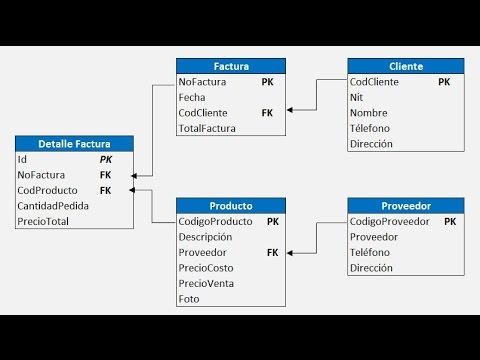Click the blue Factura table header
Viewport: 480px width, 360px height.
(230, 66)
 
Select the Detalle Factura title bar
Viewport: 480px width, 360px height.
(74, 144)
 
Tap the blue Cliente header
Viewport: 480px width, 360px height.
(405, 66)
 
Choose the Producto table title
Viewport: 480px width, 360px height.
(230, 206)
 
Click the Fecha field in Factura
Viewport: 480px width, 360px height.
(192, 98)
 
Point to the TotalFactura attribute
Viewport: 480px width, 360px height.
(206, 129)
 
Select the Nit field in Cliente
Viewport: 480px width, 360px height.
(357, 98)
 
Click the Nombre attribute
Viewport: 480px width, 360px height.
(369, 113)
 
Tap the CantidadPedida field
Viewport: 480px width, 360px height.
(53, 206)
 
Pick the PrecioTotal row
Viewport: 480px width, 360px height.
(43, 221)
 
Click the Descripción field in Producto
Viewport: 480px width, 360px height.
(205, 238)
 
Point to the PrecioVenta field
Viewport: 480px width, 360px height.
(205, 284)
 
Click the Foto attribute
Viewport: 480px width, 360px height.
(190, 300)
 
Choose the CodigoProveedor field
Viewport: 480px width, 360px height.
(390, 222)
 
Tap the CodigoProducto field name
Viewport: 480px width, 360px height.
(215, 222)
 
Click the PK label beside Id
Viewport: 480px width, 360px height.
(105, 159)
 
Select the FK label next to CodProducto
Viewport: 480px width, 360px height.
(105, 190)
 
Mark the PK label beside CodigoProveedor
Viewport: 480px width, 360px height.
(450, 222)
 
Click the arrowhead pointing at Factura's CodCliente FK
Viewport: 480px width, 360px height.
(290, 113)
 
